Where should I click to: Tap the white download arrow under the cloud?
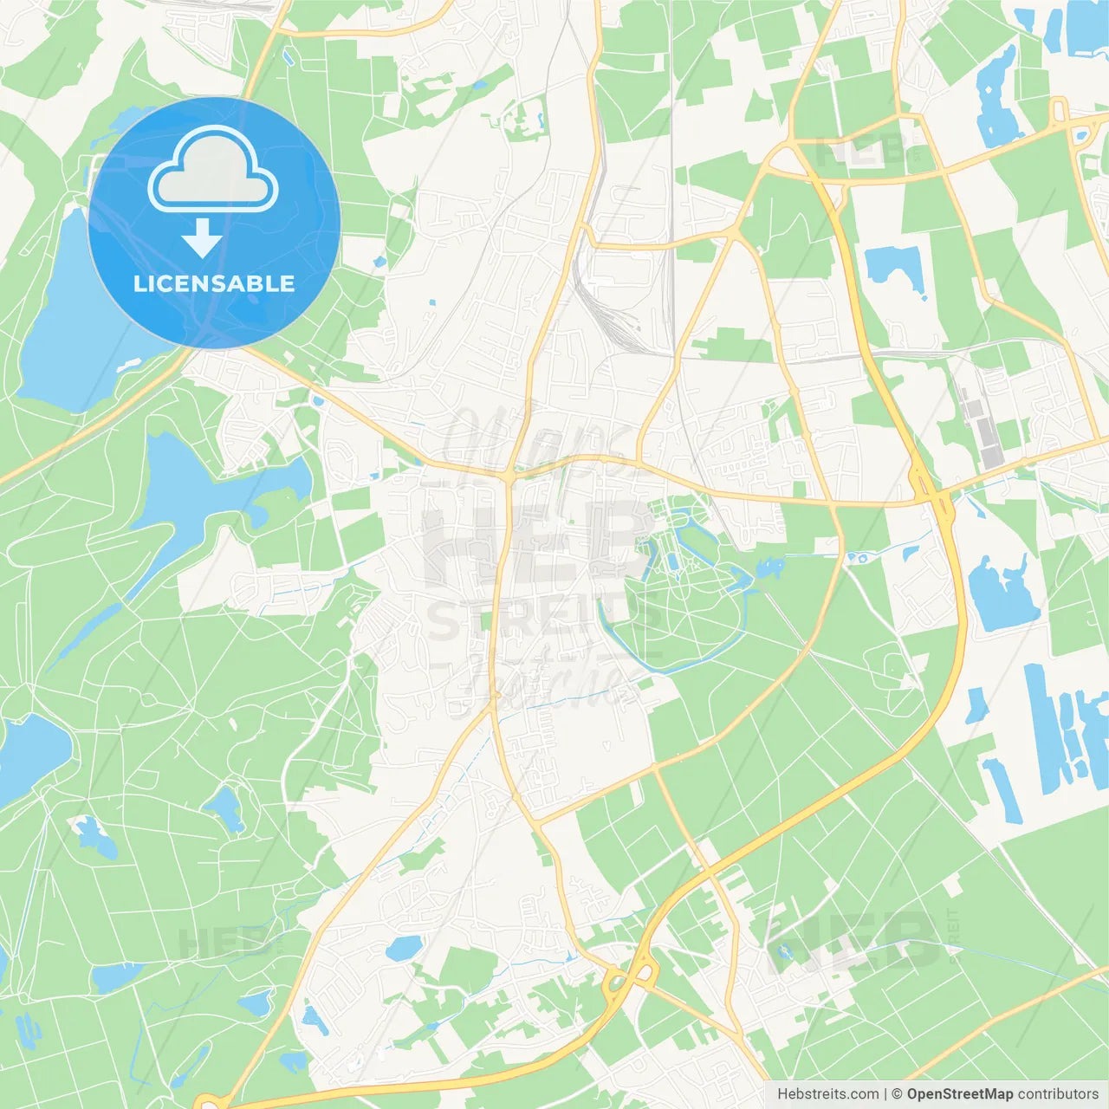point(202,237)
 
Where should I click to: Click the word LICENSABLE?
point(214,283)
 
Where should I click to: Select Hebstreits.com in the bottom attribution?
point(827,1094)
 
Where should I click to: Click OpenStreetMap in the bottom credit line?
point(959,1094)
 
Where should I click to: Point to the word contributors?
point(1058,1094)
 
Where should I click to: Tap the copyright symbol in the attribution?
point(897,1094)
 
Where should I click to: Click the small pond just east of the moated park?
point(769,569)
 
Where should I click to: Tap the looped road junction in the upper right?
point(1059,112)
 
